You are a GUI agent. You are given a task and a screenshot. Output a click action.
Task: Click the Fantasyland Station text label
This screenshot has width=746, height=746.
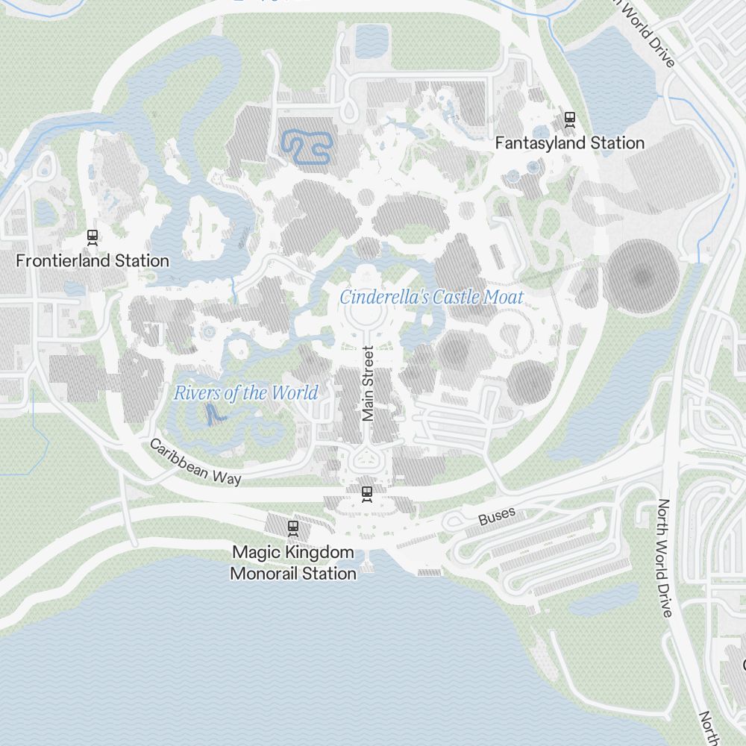[570, 142]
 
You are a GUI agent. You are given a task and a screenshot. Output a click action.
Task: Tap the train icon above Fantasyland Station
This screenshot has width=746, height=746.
[570, 117]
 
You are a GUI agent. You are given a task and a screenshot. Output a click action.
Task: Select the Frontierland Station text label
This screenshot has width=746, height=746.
[93, 261]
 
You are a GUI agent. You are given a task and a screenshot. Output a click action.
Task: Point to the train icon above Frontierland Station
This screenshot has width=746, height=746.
[93, 236]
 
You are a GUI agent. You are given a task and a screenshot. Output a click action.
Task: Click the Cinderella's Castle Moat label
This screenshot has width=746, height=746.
[431, 297]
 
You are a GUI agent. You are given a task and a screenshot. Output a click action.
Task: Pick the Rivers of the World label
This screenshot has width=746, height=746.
[246, 392]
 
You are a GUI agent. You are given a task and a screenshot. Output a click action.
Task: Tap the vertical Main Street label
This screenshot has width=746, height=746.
[367, 384]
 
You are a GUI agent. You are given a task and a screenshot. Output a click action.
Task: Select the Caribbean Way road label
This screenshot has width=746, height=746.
[195, 463]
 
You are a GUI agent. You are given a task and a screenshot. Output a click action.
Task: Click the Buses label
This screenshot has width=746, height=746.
[497, 516]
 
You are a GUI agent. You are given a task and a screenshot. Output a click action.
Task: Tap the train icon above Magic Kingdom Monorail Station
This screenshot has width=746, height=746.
[293, 528]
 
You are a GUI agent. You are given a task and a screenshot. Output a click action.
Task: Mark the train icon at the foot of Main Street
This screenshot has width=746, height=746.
[366, 493]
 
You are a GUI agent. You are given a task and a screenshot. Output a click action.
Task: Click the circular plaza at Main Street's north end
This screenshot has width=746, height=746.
[367, 314]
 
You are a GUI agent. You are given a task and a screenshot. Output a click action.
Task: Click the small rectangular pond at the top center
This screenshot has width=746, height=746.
[370, 40]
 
